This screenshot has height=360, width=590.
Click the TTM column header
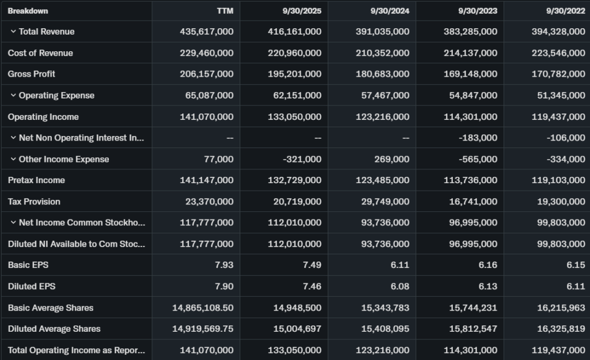point(225,11)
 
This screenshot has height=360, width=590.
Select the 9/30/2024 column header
point(390,11)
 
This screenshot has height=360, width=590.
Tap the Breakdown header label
point(28,11)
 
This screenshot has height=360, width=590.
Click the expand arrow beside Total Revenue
point(13,32)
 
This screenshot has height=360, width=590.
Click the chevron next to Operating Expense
point(13,96)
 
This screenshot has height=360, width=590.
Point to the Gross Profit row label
point(32,74)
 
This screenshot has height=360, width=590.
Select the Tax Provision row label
point(34,202)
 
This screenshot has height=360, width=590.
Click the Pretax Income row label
point(36,180)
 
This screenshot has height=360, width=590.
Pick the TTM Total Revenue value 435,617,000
point(207,32)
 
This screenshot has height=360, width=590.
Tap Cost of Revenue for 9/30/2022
point(558,53)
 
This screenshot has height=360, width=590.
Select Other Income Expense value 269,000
point(391,160)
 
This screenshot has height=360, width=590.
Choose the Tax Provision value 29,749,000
point(383,202)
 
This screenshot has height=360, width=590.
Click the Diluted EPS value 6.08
point(399,286)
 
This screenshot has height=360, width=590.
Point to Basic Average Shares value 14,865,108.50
point(203,308)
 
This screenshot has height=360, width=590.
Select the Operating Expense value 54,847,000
point(473,96)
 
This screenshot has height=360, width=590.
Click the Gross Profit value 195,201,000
point(294,74)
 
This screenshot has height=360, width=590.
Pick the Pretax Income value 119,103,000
point(558,180)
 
